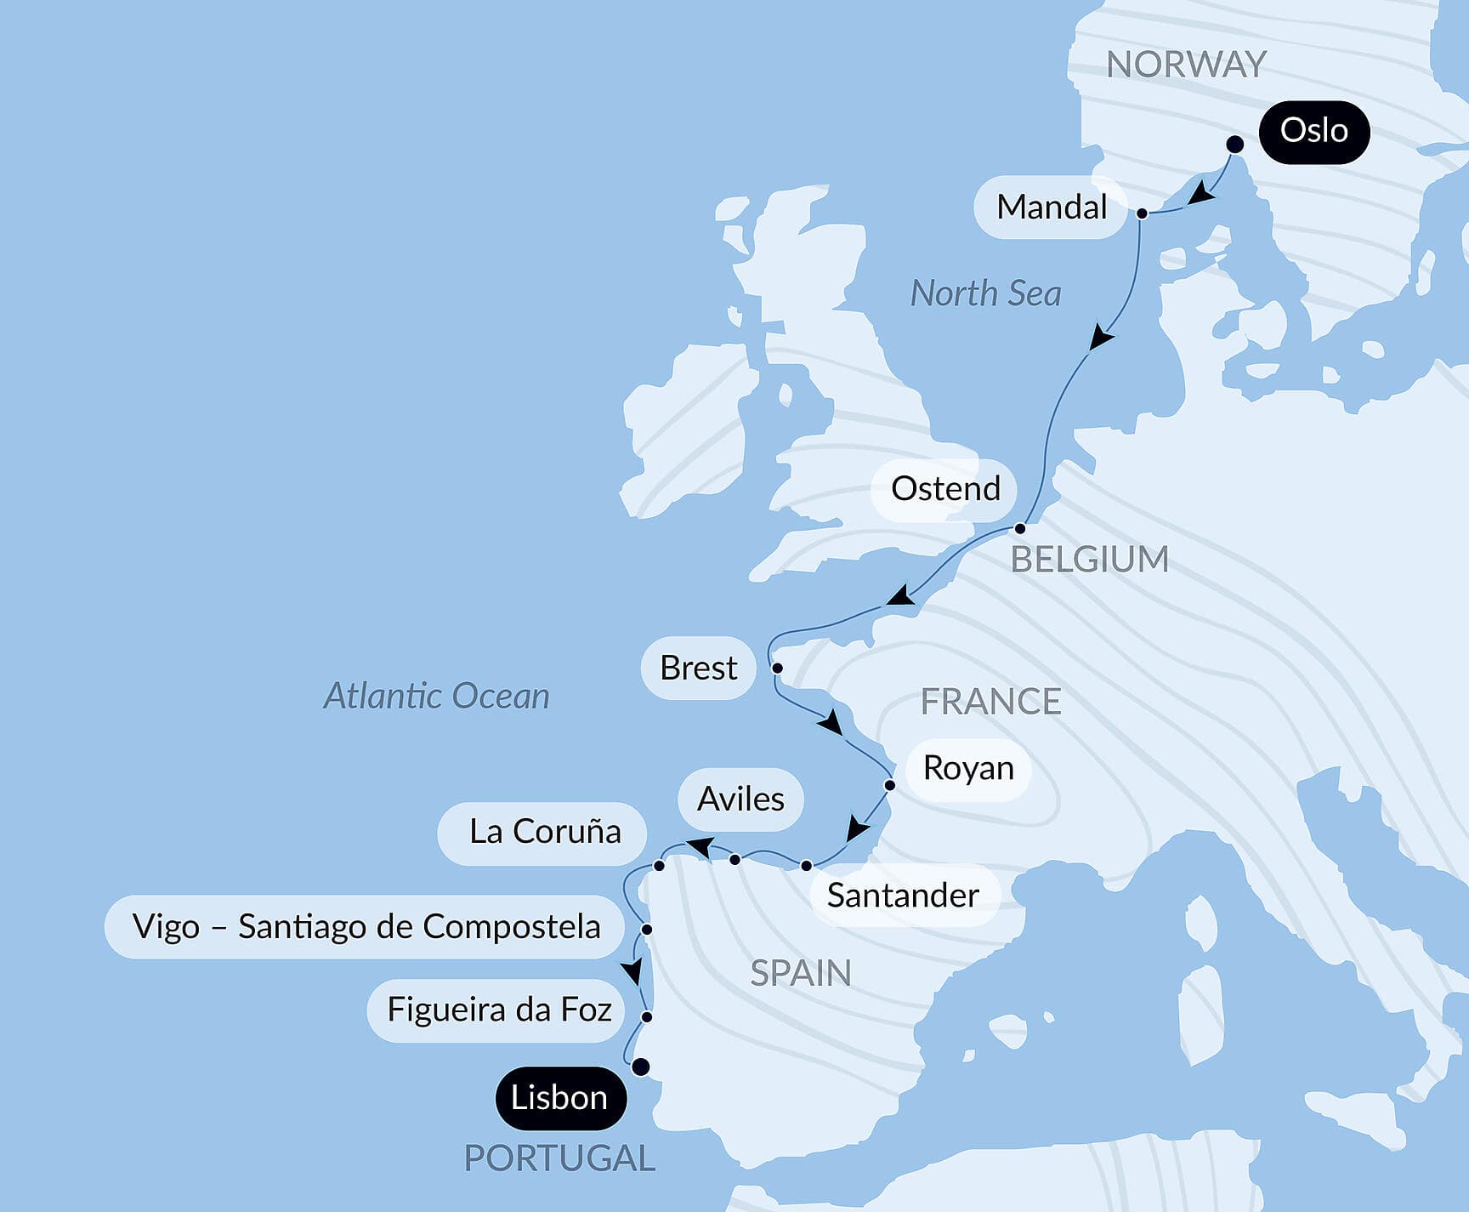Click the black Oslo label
coord(1313,132)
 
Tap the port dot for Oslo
coord(1235,145)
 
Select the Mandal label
coord(1051,207)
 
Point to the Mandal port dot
coord(1142,213)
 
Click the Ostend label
coord(944,489)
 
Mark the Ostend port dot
coord(1020,528)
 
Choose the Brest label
coord(698,668)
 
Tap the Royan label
coord(967,768)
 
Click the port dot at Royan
coord(889,785)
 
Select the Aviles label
coord(740,799)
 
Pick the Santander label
coord(903,896)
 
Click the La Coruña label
coord(544,832)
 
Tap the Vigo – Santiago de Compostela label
coord(366,927)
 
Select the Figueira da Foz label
coord(498,1010)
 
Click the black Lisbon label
coord(559,1098)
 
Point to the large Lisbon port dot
coord(641,1067)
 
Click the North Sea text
coord(985,293)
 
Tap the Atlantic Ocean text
coord(436,696)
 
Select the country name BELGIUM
coord(1089,560)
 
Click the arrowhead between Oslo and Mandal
coord(1200,194)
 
